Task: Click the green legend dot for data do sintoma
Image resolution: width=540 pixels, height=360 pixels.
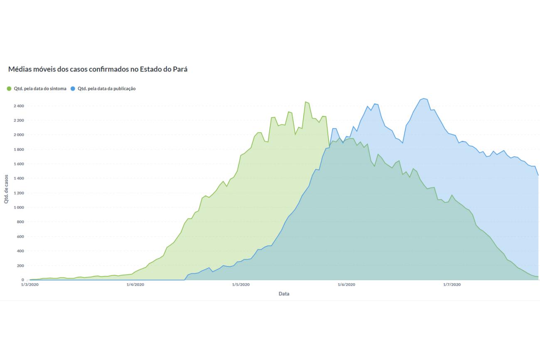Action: (x=9, y=89)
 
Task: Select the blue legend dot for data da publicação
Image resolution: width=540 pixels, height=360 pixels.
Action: (x=73, y=89)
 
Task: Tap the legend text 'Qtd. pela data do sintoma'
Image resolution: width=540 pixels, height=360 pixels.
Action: (x=40, y=89)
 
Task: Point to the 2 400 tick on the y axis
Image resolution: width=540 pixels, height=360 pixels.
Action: (x=18, y=106)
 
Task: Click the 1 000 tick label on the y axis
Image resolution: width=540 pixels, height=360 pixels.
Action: (x=18, y=207)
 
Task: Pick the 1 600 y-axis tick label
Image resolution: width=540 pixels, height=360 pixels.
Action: (x=18, y=164)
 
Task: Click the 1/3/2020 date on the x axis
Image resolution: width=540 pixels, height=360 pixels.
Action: (x=29, y=285)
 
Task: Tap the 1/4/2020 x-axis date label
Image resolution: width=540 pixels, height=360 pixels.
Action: (x=135, y=285)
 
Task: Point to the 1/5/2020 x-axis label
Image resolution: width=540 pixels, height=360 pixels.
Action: (x=241, y=285)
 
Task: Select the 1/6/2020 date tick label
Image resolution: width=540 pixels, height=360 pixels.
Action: (x=346, y=285)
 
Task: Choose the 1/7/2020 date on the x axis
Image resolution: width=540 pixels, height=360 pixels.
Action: (x=452, y=285)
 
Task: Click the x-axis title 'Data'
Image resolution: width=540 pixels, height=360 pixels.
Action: (x=284, y=294)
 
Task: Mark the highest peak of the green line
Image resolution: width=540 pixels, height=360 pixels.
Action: (x=305, y=102)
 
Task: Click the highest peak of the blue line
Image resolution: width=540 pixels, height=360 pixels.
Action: (x=423, y=99)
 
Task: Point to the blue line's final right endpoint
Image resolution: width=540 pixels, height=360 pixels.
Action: (x=538, y=175)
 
